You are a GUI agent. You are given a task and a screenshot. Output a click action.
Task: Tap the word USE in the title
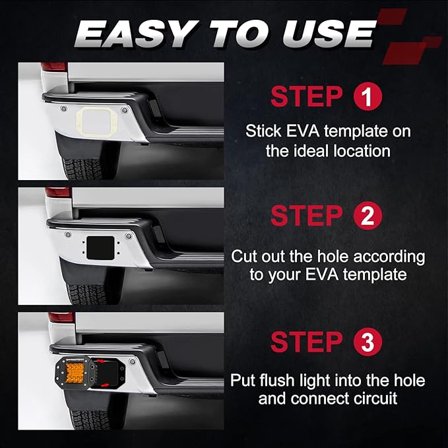pyautogui.click(x=329, y=34)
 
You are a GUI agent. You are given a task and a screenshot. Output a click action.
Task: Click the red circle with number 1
pyautogui.click(x=368, y=96)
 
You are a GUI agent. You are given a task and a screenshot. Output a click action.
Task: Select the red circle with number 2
pyautogui.click(x=368, y=216)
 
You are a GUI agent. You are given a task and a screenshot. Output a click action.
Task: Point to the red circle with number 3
pyautogui.click(x=368, y=342)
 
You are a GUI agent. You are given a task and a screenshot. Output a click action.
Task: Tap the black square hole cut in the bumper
pyautogui.click(x=100, y=248)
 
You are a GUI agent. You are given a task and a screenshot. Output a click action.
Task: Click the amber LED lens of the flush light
pyautogui.click(x=75, y=371)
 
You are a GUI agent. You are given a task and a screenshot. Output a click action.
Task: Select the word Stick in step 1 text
pyautogui.click(x=263, y=131)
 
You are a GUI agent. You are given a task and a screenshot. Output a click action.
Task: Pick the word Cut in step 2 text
pyautogui.click(x=245, y=256)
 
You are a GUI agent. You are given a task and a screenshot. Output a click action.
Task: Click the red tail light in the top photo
pyautogui.click(x=54, y=66)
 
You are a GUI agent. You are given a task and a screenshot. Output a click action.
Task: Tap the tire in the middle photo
pyautogui.click(x=86, y=294)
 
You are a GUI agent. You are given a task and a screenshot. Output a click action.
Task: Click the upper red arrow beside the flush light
pyautogui.click(x=100, y=361)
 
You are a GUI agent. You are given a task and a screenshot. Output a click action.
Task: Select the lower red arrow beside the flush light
pyautogui.click(x=104, y=385)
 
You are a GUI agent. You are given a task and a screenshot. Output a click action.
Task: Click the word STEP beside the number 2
pyautogui.click(x=306, y=216)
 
